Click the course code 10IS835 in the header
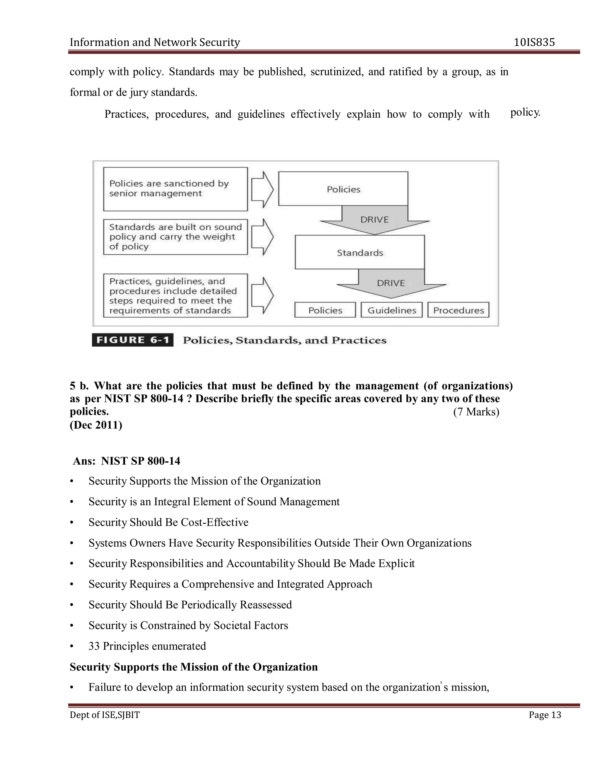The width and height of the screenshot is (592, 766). [x=534, y=42]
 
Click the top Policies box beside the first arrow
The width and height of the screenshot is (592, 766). [x=343, y=189]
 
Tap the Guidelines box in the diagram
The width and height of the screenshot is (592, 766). [x=391, y=310]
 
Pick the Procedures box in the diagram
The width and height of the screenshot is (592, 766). [x=458, y=310]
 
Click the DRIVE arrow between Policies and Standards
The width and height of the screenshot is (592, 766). [x=374, y=220]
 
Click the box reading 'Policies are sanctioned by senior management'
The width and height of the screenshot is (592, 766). [x=175, y=189]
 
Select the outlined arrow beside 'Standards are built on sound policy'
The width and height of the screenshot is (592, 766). [x=262, y=237]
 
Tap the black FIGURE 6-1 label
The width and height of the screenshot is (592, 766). [x=133, y=340]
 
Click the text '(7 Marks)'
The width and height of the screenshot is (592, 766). [x=476, y=411]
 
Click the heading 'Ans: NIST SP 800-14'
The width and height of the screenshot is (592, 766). [x=127, y=460]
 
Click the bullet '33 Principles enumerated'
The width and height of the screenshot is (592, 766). [x=147, y=646]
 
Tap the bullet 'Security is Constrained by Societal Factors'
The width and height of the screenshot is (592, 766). [x=188, y=625]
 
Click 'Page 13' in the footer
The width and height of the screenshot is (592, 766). [x=545, y=715]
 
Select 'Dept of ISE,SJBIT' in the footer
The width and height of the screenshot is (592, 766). [x=105, y=715]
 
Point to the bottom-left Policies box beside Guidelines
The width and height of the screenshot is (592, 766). [x=325, y=310]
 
